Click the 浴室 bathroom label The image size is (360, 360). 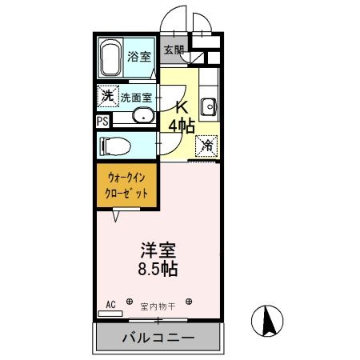click(x=139, y=57)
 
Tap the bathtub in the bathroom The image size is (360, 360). click(x=111, y=57)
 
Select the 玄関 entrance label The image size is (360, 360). click(x=174, y=50)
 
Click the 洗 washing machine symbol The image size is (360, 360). click(x=107, y=96)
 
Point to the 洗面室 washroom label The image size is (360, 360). click(x=138, y=98)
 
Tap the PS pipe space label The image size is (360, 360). click(x=102, y=122)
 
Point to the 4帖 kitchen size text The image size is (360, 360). click(x=182, y=126)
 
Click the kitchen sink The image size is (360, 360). click(x=209, y=106)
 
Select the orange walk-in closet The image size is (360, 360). click(x=126, y=186)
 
